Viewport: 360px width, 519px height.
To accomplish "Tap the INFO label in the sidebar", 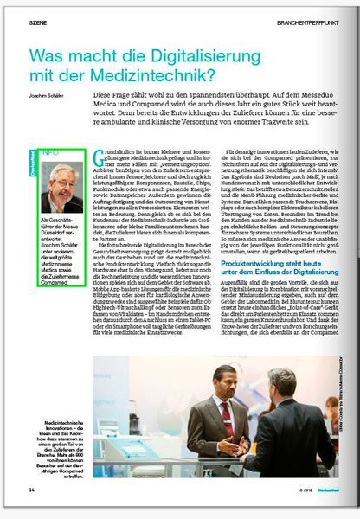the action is click(x=49, y=152).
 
